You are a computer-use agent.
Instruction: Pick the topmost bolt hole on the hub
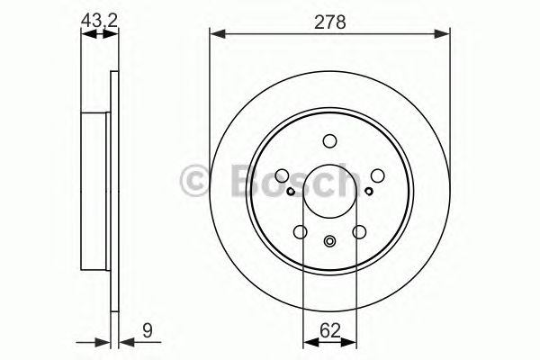pyautogui.click(x=329, y=139)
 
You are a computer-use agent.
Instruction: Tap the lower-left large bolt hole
pyautogui.click(x=300, y=232)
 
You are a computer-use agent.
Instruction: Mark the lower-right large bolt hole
pyautogui.click(x=359, y=232)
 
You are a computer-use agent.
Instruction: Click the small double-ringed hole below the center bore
pyautogui.click(x=329, y=240)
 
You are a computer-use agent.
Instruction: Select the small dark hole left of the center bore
pyautogui.click(x=290, y=190)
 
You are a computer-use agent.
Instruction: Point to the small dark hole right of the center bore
pyautogui.click(x=369, y=190)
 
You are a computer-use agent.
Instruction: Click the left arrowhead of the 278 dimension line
pyautogui.click(x=216, y=35)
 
